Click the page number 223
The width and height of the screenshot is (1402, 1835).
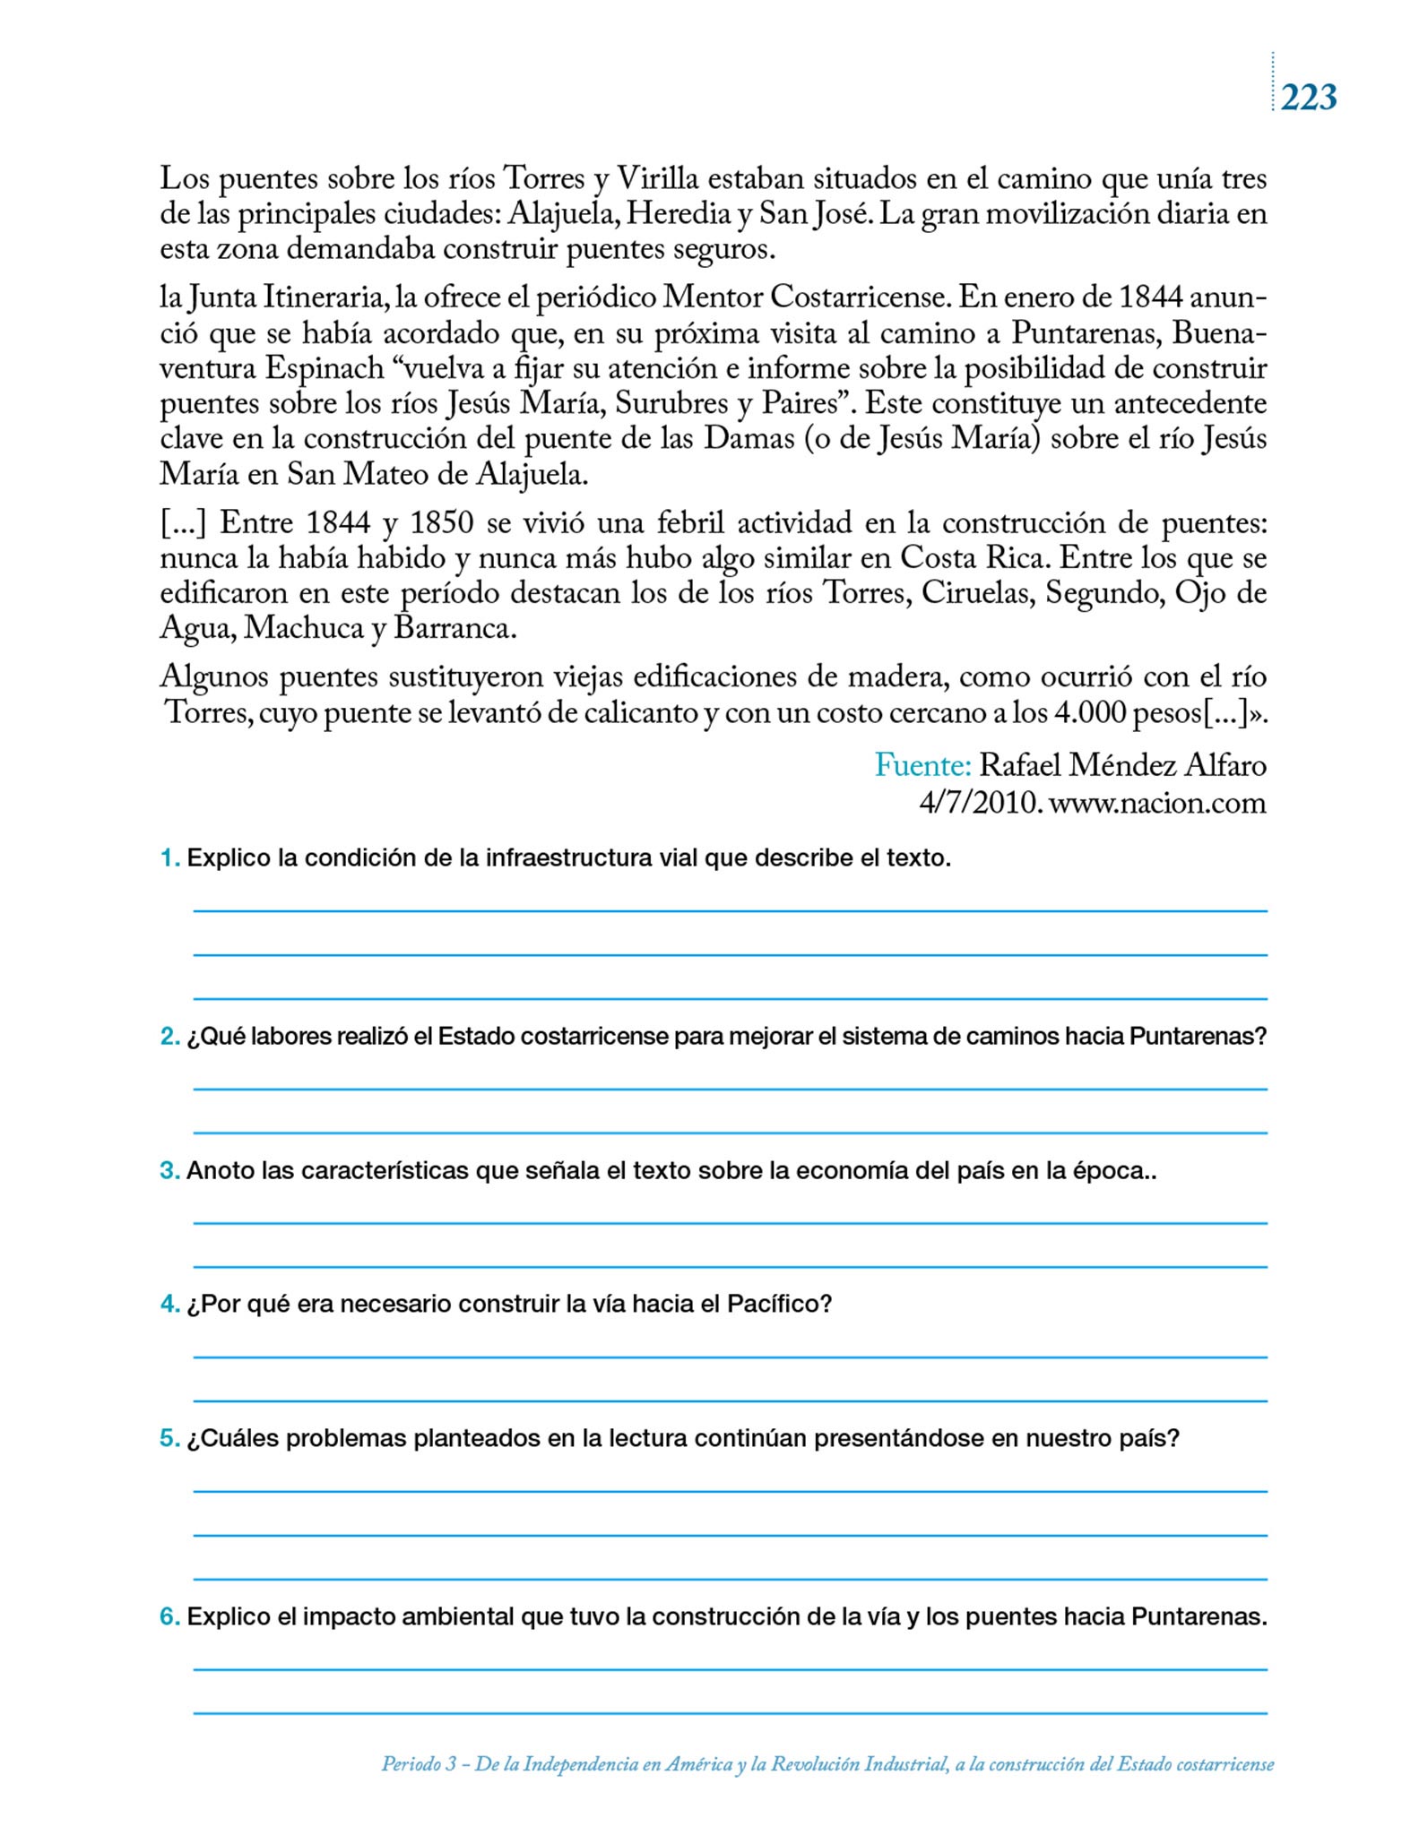[x=1308, y=97]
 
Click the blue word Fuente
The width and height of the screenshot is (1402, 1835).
[x=922, y=765]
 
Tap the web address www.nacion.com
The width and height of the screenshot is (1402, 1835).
[x=1157, y=803]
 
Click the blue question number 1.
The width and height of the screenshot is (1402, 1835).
[x=169, y=858]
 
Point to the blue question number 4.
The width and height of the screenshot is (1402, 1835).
[x=169, y=1304]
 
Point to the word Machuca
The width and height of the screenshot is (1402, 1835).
[x=302, y=628]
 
